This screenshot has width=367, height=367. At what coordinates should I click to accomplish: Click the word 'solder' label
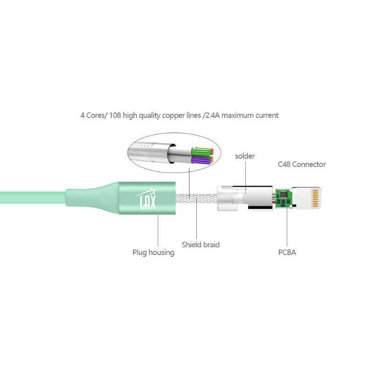tap(245, 156)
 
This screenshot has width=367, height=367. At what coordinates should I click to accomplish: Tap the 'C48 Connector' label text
tap(302, 164)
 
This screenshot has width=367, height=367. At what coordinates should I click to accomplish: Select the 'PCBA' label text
tap(287, 252)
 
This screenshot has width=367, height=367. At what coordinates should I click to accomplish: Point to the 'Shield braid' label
tap(200, 245)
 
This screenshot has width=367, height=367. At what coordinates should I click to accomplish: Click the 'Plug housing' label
tap(153, 253)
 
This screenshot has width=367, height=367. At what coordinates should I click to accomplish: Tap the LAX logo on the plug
tap(147, 199)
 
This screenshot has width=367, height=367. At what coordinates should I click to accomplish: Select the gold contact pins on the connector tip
tap(315, 199)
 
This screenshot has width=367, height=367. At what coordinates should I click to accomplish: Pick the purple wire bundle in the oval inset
tap(202, 161)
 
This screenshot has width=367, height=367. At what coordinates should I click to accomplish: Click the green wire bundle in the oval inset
tap(202, 152)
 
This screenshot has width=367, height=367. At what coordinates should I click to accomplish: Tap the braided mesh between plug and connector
tap(196, 199)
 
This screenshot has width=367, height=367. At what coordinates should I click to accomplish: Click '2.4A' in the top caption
tap(212, 116)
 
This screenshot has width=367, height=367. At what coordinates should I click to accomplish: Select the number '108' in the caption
tap(115, 116)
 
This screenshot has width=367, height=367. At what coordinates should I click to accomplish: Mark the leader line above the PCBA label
tap(287, 226)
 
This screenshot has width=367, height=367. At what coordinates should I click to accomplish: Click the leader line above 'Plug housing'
tap(158, 230)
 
